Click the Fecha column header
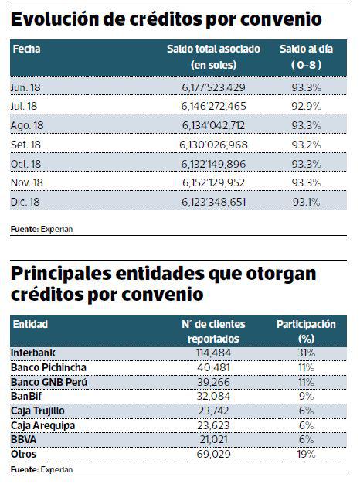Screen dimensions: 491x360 [26, 49]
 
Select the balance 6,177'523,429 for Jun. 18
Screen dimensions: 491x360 [212, 88]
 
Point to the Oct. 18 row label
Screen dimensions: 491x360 [28, 165]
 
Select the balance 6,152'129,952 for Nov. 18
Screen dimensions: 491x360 [212, 183]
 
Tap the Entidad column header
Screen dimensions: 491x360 [29, 325]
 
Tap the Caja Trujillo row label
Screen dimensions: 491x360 [38, 411]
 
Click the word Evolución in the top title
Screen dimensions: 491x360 [58, 19]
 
